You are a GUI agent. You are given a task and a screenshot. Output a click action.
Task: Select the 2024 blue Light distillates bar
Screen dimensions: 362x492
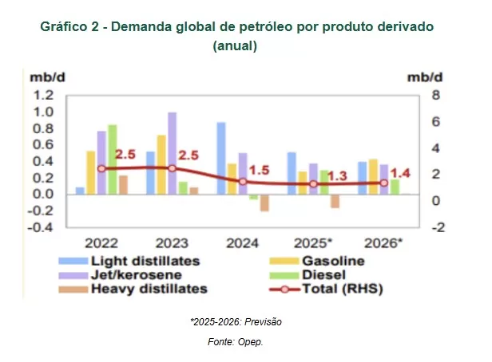[221, 158]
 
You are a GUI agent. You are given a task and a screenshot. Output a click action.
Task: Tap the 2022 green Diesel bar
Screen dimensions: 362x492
[113, 159]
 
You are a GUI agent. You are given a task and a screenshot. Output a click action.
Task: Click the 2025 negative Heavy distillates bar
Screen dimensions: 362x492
[335, 201]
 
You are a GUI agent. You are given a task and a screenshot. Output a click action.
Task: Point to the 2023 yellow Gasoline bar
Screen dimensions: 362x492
[161, 164]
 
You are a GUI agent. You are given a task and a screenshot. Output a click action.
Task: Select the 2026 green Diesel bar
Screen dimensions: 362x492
[395, 186]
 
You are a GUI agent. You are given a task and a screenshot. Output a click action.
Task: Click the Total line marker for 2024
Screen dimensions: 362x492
[243, 181]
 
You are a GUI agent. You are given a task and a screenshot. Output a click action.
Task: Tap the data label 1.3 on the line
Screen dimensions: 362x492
[337, 176]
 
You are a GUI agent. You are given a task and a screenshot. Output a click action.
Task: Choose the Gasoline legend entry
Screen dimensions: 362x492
[333, 261]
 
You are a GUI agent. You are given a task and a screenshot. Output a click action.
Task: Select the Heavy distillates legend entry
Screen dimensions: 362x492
[149, 289]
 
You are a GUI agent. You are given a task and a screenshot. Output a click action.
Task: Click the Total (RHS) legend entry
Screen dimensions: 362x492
[344, 289]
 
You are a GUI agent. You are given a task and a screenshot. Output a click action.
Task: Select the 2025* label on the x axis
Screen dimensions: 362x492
[312, 242]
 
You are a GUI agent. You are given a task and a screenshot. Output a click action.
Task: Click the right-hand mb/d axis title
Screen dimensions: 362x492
[423, 77]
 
